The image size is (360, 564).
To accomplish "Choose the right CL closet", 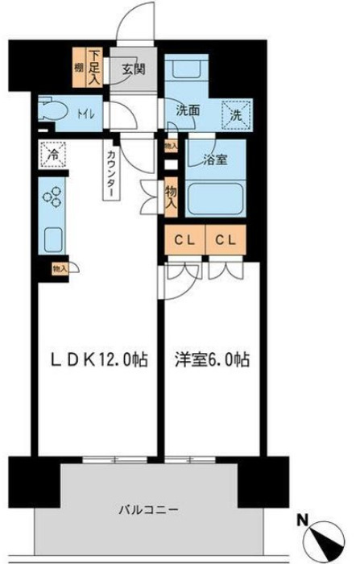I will coord(226,239).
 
